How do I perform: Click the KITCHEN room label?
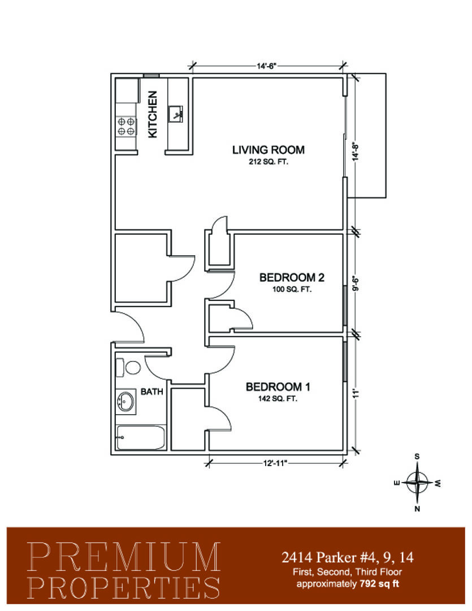click(153, 114)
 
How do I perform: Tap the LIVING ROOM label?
click(269, 149)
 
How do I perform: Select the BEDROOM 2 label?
click(292, 277)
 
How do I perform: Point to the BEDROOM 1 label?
click(278, 387)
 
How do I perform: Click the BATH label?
click(152, 391)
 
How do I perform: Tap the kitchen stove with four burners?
click(126, 126)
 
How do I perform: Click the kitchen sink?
click(176, 114)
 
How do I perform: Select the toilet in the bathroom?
click(128, 368)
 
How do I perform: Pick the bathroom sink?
click(125, 401)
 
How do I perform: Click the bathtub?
click(141, 437)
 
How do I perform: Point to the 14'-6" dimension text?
click(266, 66)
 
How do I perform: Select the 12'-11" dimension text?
click(275, 463)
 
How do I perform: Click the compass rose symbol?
click(417, 483)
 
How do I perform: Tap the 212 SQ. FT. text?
click(269, 162)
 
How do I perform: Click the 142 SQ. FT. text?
click(278, 399)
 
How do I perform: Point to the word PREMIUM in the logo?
click(124, 557)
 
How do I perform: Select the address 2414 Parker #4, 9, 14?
click(348, 557)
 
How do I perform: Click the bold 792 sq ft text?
click(379, 584)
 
